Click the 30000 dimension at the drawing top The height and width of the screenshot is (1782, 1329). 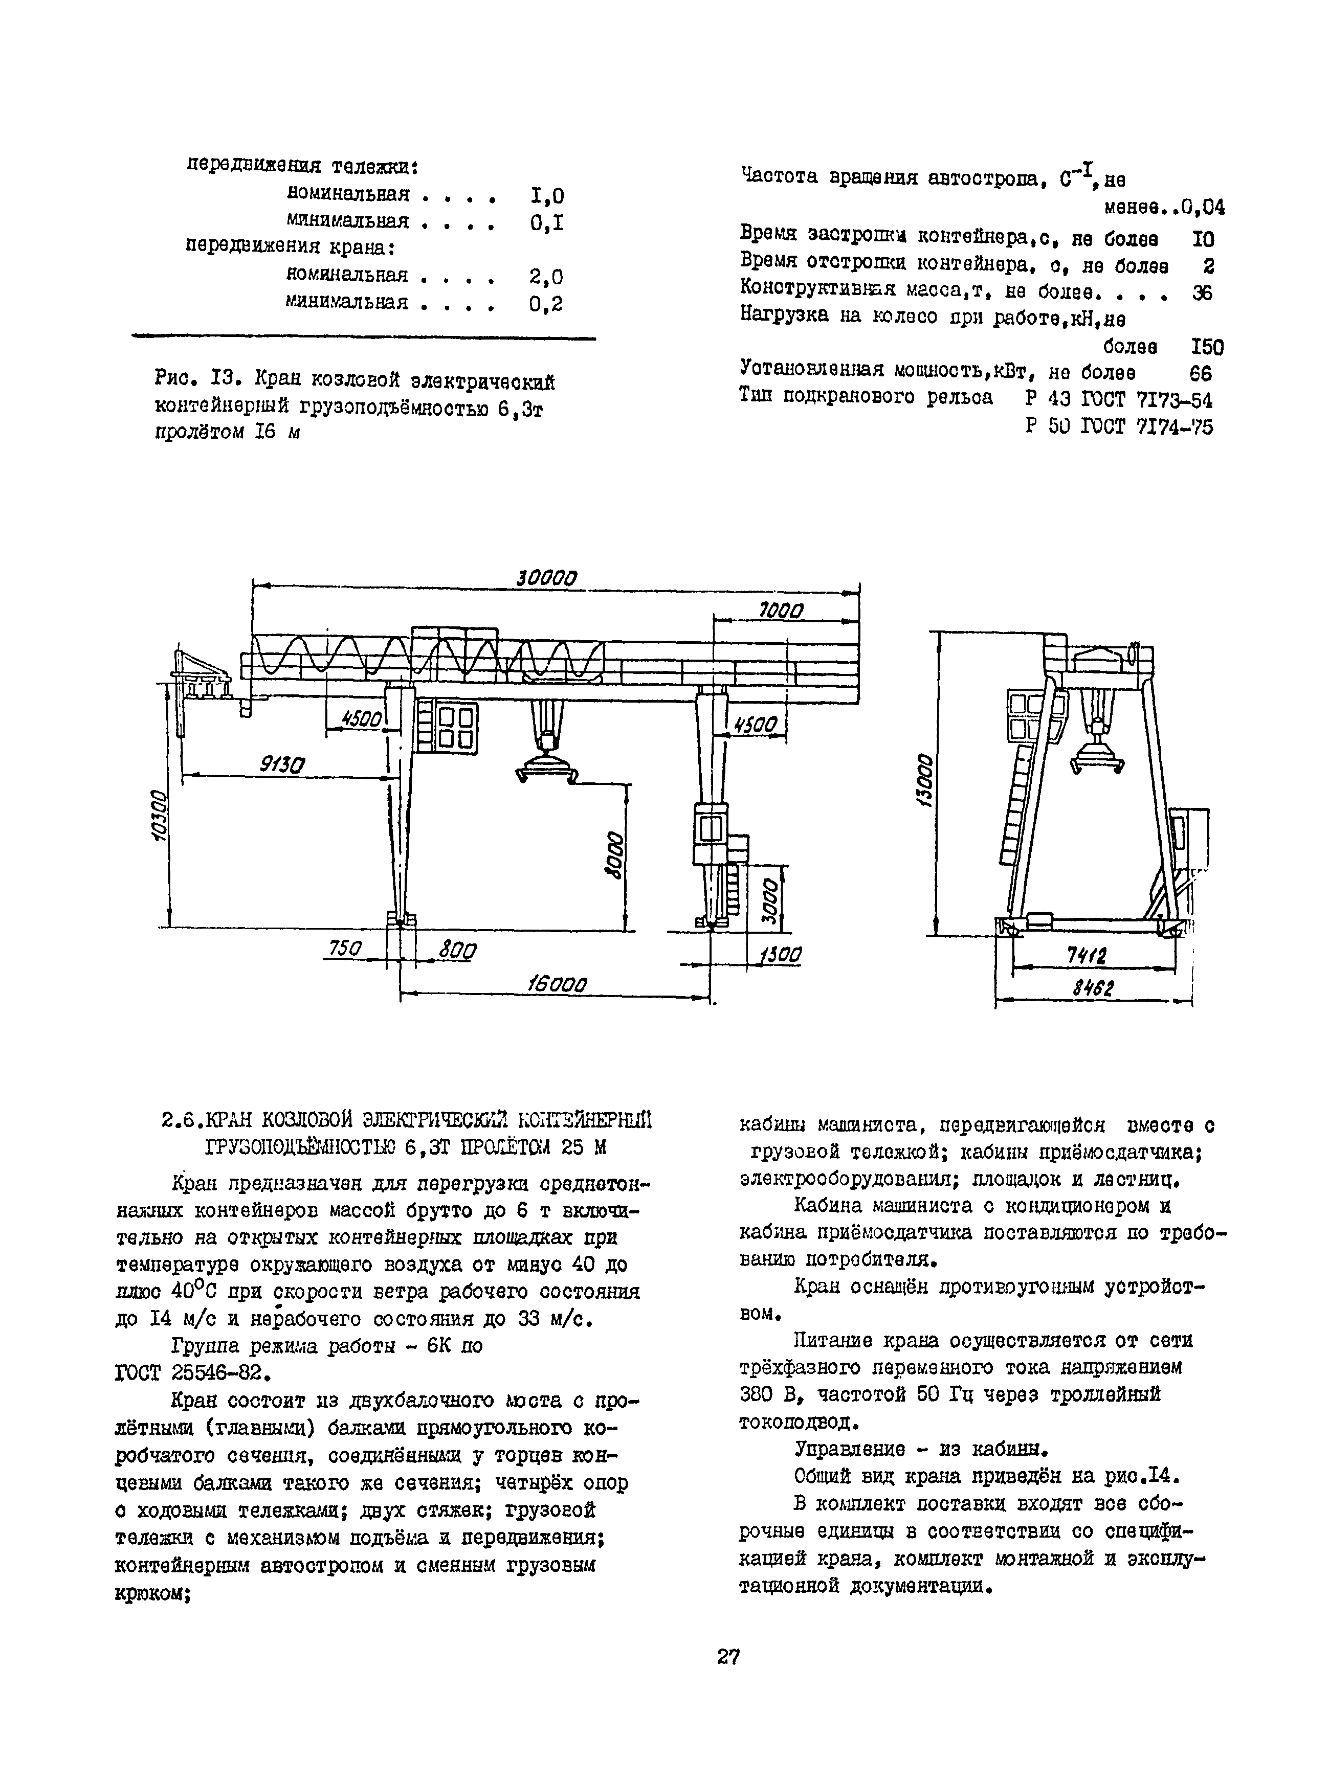tap(547, 579)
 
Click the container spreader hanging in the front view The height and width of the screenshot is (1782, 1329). tap(547, 768)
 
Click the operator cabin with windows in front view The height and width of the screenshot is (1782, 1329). tap(447, 727)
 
